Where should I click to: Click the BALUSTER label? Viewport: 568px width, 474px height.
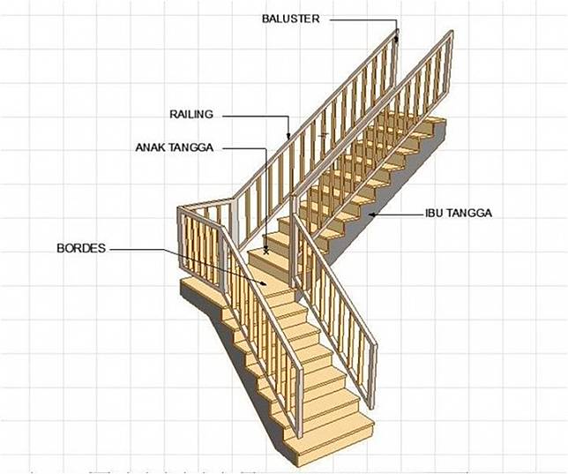pos(290,19)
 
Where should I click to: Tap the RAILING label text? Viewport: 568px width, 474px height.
pos(191,114)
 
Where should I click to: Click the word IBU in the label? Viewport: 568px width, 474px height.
pos(434,213)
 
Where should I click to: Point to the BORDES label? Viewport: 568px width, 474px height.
pos(81,248)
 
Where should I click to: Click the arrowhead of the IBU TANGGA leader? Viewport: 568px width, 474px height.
pos(371,214)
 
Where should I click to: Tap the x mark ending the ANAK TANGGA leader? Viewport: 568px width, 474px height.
pos(266,251)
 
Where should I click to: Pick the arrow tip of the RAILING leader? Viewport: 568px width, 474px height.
pos(288,137)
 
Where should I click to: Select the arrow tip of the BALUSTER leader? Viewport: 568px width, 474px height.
pos(397,37)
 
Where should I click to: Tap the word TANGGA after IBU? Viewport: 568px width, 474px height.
pos(469,213)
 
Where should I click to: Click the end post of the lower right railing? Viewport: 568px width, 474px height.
pos(373,375)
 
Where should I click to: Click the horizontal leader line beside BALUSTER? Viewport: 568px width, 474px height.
pos(363,20)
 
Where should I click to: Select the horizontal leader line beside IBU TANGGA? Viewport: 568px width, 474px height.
pos(399,214)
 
